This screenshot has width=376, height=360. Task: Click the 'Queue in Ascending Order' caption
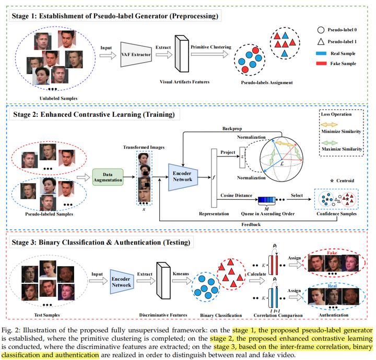click(267, 214)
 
